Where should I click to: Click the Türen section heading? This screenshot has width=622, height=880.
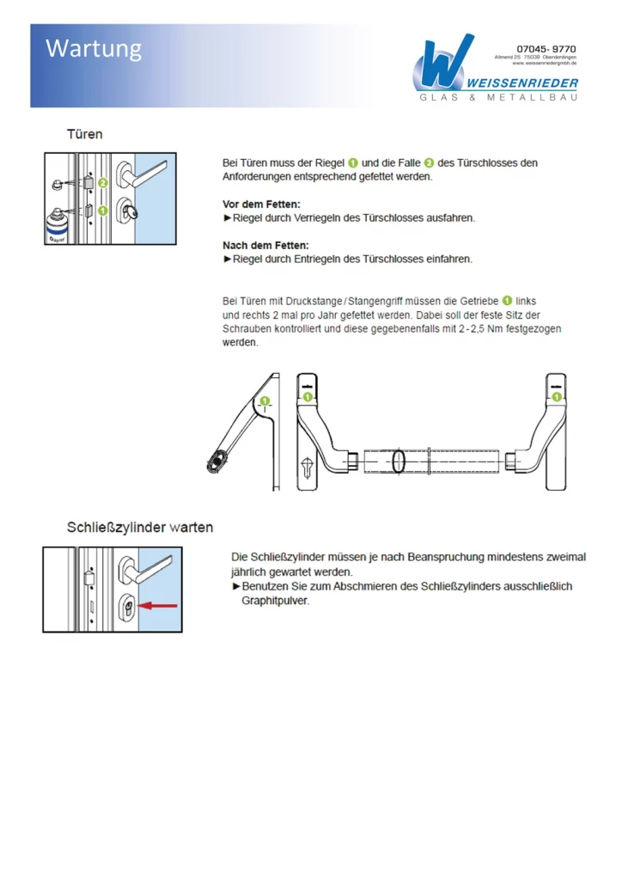click(x=85, y=134)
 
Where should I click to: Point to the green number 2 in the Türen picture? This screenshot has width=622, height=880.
click(x=102, y=183)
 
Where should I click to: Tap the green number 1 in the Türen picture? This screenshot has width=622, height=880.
click(x=102, y=210)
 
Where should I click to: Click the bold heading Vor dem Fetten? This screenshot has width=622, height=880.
click(x=261, y=204)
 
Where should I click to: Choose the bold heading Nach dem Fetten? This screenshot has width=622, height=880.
click(x=265, y=245)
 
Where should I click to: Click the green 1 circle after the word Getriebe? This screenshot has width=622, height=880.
click(x=507, y=301)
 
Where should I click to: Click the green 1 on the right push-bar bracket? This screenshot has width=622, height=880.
click(x=557, y=396)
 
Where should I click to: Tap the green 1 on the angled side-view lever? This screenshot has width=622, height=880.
click(x=265, y=400)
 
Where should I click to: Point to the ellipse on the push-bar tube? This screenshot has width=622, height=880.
click(x=399, y=461)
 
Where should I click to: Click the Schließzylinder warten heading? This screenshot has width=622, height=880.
click(x=140, y=527)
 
